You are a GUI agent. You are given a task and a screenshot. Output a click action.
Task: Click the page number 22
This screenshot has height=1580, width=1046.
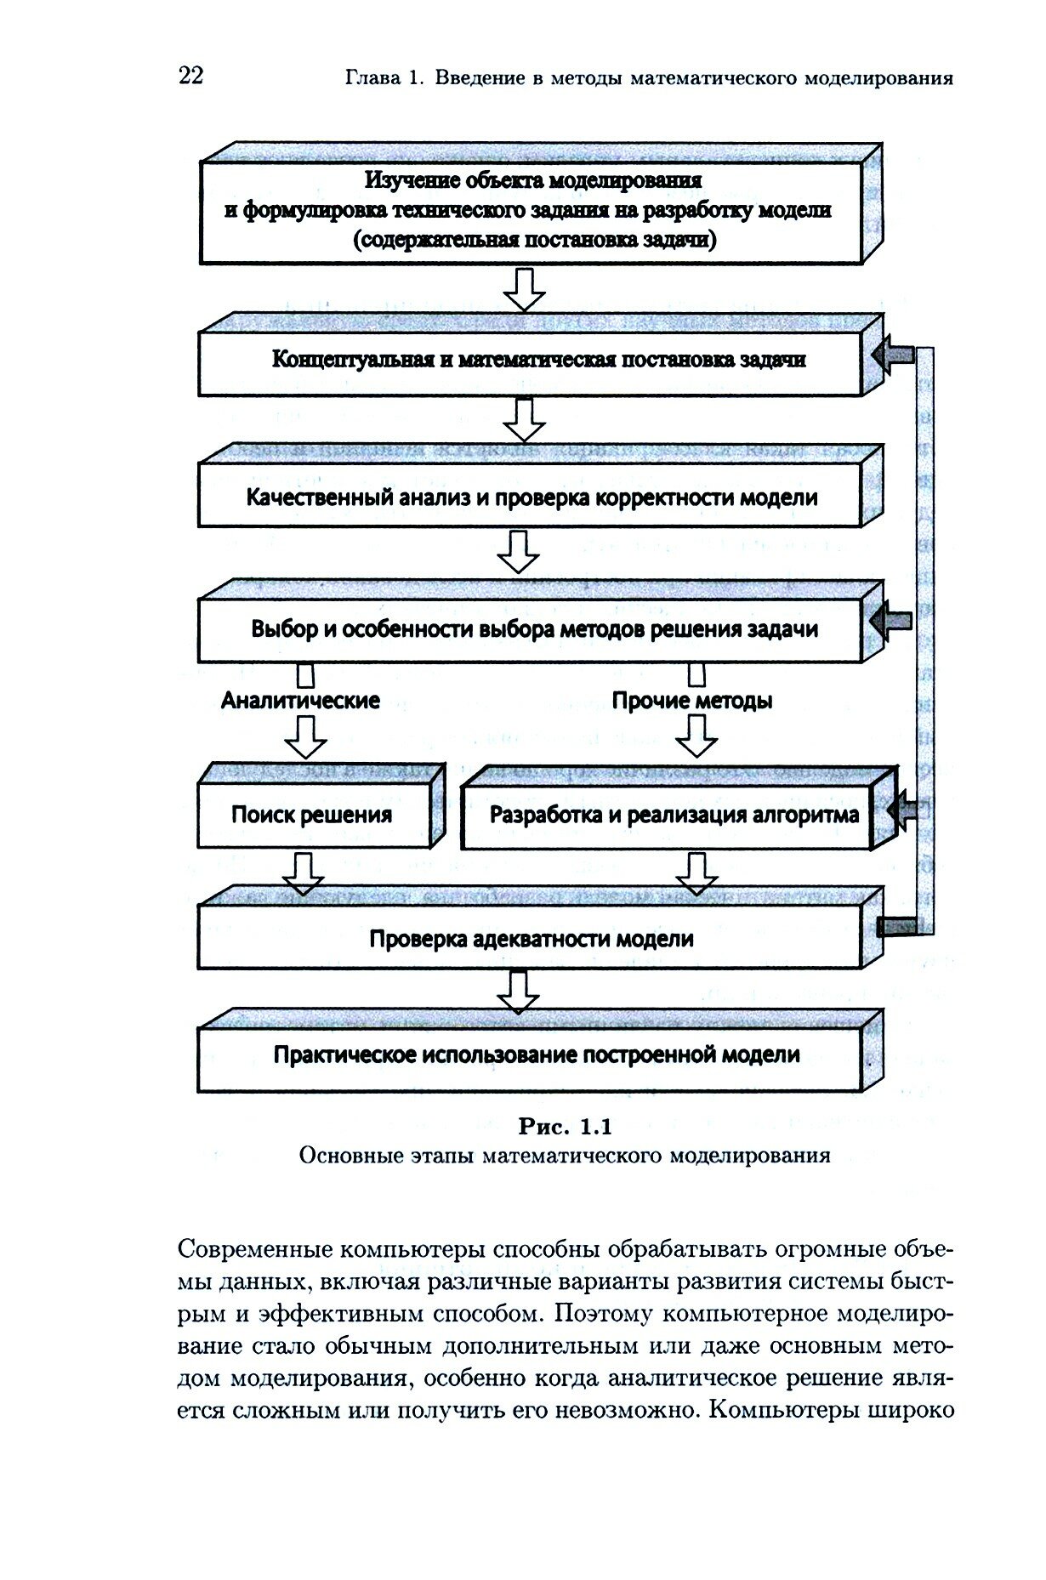click(x=190, y=76)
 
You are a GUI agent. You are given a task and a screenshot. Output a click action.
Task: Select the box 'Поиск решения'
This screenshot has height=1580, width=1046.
click(x=311, y=816)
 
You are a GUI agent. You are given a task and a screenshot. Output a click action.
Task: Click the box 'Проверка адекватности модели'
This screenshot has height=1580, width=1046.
click(x=531, y=939)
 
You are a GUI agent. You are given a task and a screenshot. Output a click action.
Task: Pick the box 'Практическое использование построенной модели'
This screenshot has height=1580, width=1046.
click(x=536, y=1055)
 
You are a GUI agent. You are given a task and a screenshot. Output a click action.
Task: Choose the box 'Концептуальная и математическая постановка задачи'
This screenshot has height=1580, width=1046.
click(x=538, y=360)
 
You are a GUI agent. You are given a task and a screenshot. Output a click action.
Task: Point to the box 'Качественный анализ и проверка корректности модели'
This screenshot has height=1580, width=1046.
click(x=532, y=497)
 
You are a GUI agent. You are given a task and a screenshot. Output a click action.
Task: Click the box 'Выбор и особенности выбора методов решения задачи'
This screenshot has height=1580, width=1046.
click(x=534, y=629)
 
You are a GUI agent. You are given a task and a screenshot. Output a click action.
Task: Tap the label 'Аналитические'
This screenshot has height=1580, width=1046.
click(x=300, y=701)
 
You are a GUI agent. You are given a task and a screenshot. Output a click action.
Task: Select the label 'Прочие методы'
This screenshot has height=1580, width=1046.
click(x=692, y=701)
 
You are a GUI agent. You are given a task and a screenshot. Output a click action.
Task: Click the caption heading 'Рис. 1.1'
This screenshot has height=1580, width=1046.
click(x=565, y=1128)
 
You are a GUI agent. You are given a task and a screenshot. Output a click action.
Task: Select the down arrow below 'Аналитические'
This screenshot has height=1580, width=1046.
click(x=305, y=736)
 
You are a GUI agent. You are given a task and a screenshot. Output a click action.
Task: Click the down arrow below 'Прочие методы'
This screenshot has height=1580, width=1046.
click(x=696, y=736)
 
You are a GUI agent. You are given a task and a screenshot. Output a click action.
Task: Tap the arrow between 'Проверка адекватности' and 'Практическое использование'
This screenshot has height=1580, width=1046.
click(x=518, y=991)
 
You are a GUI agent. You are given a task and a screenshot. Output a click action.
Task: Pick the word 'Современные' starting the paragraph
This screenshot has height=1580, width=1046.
click(x=254, y=1251)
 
